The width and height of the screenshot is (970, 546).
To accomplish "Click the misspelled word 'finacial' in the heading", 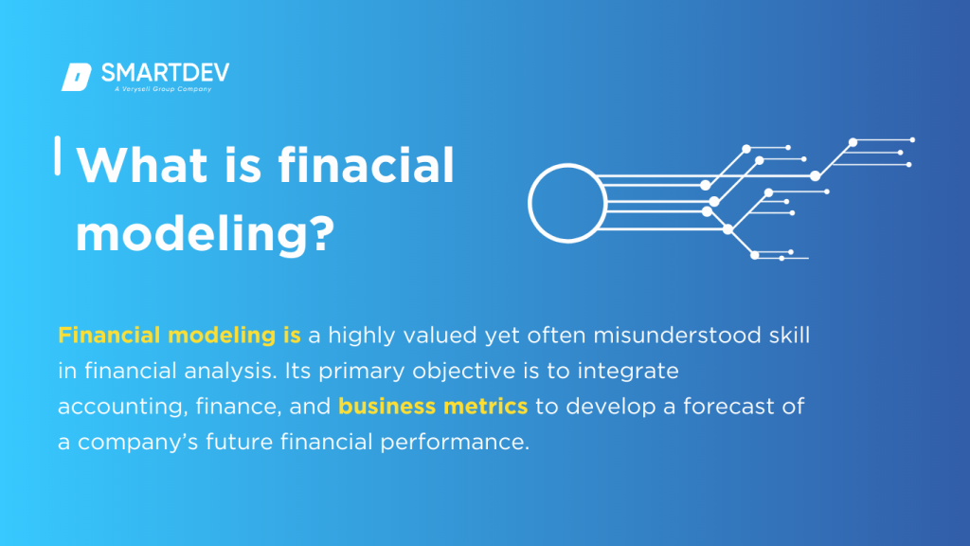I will point(367,166).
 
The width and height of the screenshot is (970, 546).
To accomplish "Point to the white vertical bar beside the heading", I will point(59,155).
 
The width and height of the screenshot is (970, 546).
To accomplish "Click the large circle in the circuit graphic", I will point(566,205).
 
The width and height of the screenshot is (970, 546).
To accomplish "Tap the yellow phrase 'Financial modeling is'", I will point(180,335).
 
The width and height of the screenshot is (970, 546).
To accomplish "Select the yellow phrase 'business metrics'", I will point(433,407).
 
